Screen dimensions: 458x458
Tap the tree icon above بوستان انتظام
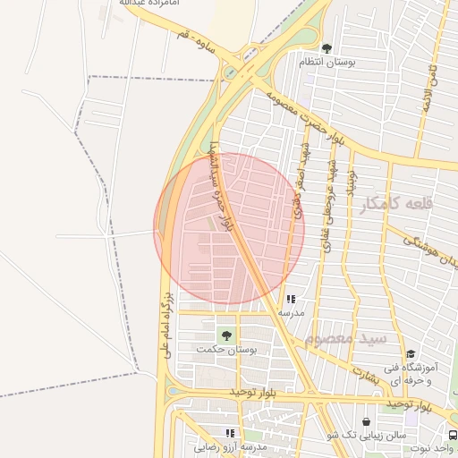tap(326, 48)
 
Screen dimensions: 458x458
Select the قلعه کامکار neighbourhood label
tap(395, 205)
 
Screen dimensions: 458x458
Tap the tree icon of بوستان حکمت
tap(226, 335)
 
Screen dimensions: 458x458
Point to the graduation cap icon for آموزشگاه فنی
tap(411, 354)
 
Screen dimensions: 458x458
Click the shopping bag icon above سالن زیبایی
tap(366, 420)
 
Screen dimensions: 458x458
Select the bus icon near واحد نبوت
tap(452, 434)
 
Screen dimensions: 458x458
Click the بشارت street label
tap(365, 374)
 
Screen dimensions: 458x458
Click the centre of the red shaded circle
tap(229, 229)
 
